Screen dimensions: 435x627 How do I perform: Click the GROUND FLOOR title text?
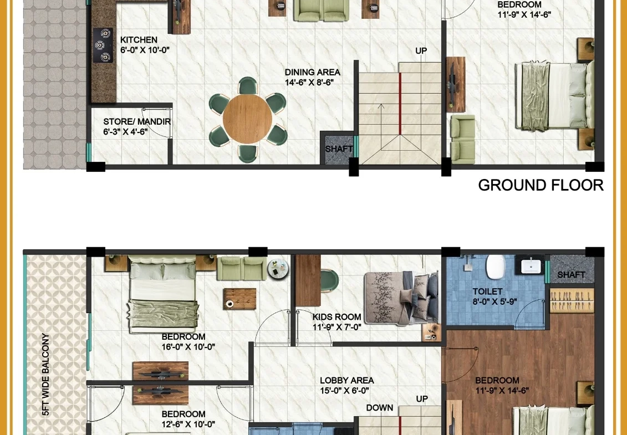coord(541,185)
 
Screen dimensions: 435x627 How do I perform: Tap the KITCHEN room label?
coord(139,40)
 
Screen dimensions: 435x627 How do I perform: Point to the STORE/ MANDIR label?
coord(137,122)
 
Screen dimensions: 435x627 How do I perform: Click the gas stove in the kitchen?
coord(103,45)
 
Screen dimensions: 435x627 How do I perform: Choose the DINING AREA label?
coord(312,73)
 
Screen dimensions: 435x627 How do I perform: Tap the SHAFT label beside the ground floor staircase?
coord(339,149)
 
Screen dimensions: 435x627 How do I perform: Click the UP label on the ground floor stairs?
coord(421,51)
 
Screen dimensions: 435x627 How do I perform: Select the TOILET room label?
coord(487,291)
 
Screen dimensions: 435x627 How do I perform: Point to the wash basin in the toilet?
coord(531,265)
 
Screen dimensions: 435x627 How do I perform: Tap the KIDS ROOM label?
coord(337,317)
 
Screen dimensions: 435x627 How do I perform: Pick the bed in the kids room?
coord(401,297)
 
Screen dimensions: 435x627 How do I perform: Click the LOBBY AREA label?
coord(346,381)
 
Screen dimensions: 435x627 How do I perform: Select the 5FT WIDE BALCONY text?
coord(45,374)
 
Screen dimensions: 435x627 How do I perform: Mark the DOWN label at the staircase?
coord(380,408)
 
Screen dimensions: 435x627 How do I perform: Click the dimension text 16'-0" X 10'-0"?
coord(188,347)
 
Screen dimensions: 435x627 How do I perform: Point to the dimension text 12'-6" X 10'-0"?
coord(188,424)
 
